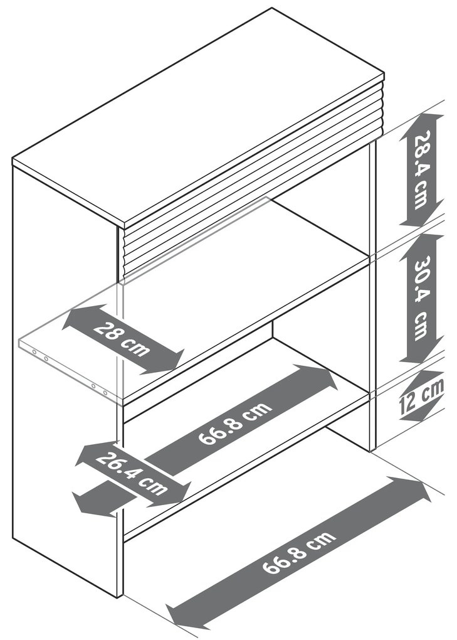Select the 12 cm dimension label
pos(421,395)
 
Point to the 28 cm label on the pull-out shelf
pos(122,339)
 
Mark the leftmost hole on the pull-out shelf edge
pos(34,352)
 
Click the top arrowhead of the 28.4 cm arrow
pos(421,119)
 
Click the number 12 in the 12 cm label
pos(409,401)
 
